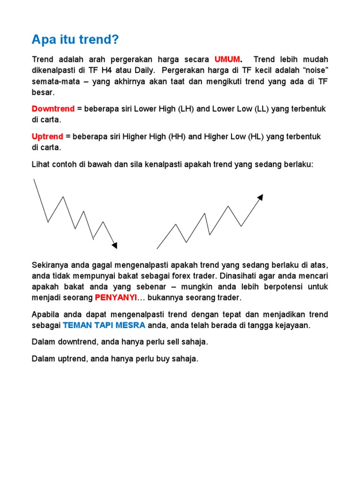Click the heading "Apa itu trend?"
(x=75, y=40)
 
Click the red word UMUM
(x=227, y=60)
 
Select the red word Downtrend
(x=53, y=109)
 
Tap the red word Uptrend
(x=47, y=136)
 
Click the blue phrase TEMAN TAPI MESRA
(x=104, y=325)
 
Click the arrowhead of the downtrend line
(x=115, y=245)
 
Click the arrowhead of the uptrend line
(x=261, y=197)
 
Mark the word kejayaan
(x=294, y=325)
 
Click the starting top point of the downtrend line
(x=34, y=179)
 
